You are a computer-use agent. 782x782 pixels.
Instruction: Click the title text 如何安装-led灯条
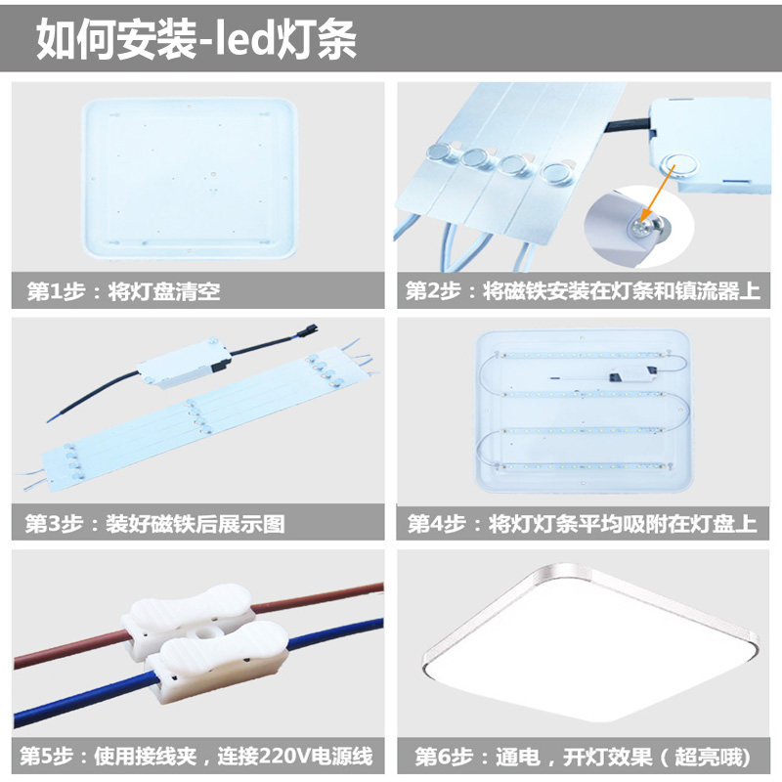click(195, 40)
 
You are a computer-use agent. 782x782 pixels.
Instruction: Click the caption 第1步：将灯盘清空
click(117, 291)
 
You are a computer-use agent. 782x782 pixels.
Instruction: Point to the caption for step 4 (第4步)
click(582, 524)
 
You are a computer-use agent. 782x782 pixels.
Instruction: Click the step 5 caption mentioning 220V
click(195, 757)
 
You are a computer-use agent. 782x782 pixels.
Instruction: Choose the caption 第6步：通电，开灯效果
click(582, 757)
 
